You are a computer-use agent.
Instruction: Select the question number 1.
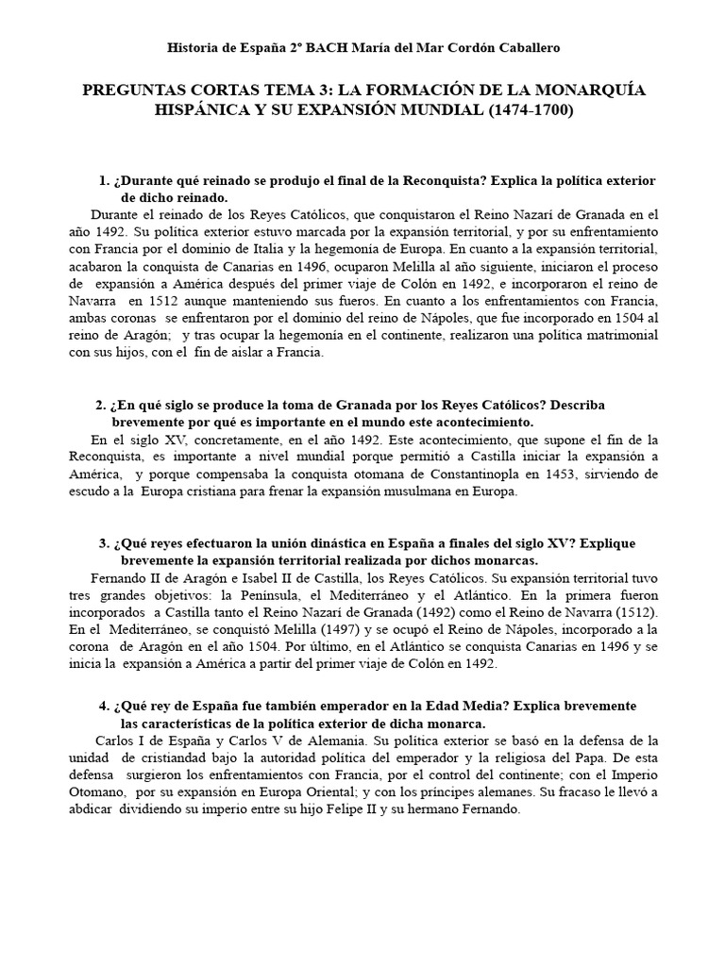point(103,180)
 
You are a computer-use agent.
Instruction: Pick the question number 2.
point(101,405)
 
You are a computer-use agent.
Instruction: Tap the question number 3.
point(103,544)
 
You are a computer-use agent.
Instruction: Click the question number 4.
point(103,706)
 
